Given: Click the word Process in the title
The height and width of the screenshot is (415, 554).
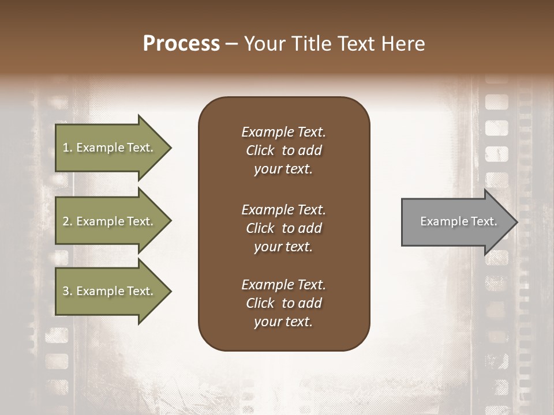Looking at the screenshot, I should point(181,44).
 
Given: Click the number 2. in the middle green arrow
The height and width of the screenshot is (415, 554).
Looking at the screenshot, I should point(67,221).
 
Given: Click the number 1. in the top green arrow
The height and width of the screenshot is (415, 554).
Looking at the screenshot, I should point(67,148).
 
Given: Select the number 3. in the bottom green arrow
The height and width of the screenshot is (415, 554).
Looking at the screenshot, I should point(67,291).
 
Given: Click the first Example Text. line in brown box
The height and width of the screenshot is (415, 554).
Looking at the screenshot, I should point(283,132).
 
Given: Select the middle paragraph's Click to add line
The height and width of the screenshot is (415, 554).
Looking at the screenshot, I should point(283,228).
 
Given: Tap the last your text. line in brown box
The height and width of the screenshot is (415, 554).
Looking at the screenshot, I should point(283,322).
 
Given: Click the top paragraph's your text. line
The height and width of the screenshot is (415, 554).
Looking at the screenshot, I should point(283,169).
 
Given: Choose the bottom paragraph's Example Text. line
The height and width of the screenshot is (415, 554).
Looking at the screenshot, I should point(283,285).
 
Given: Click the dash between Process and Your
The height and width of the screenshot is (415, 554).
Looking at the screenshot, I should point(231,44).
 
